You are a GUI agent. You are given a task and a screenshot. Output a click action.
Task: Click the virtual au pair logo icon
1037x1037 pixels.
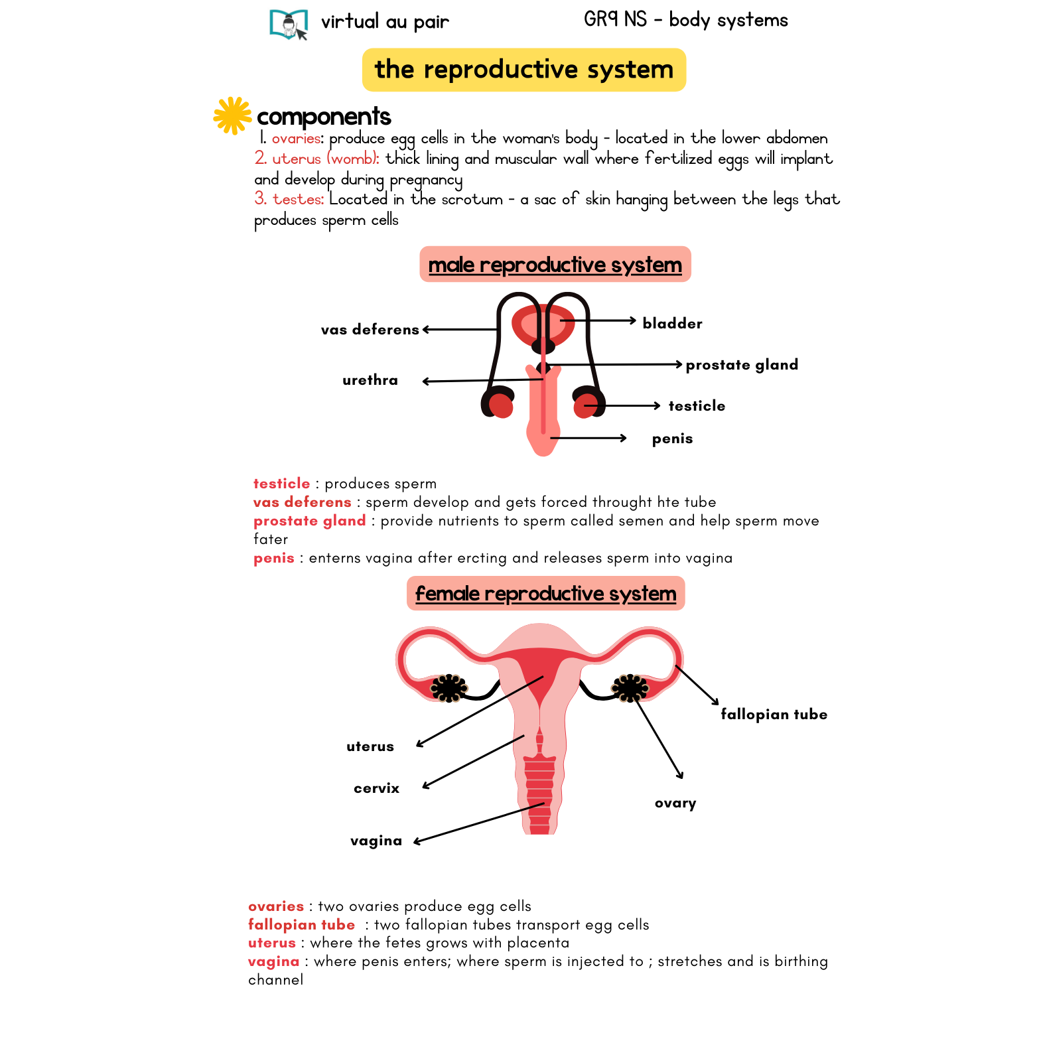pyautogui.click(x=289, y=25)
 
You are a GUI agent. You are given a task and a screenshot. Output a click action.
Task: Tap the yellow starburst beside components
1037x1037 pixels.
pyautogui.click(x=232, y=115)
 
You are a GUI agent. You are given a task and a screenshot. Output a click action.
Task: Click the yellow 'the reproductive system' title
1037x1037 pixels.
pyautogui.click(x=523, y=70)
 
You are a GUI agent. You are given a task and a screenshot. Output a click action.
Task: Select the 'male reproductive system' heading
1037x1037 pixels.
pyautogui.click(x=555, y=265)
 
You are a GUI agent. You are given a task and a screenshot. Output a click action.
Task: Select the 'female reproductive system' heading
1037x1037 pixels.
pyautogui.click(x=545, y=593)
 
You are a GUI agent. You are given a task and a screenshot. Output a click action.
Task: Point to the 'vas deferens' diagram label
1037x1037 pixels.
pyautogui.click(x=370, y=330)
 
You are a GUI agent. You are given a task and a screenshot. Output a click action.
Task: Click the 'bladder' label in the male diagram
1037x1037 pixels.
pyautogui.click(x=672, y=324)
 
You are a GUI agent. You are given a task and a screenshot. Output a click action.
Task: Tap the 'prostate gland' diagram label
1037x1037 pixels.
pyautogui.click(x=742, y=365)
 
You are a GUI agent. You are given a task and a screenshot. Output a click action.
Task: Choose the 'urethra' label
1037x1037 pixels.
pyautogui.click(x=370, y=380)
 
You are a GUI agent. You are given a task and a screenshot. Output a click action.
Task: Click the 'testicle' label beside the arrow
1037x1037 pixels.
pyautogui.click(x=697, y=406)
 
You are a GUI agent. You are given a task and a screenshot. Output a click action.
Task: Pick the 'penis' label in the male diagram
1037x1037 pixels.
pyautogui.click(x=672, y=439)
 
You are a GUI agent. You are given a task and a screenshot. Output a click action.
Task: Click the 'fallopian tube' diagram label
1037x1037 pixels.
pyautogui.click(x=774, y=715)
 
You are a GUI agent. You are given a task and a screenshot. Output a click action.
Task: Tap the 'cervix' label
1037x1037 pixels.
pyautogui.click(x=376, y=788)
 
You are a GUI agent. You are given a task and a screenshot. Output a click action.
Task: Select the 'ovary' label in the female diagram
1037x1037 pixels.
pyautogui.click(x=675, y=803)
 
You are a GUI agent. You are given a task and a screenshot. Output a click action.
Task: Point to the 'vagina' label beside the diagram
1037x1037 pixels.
pyautogui.click(x=376, y=841)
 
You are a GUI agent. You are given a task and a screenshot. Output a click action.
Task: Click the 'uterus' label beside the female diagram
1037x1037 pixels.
pyautogui.click(x=370, y=746)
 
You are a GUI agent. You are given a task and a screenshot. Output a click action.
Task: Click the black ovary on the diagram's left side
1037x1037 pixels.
pyautogui.click(x=449, y=688)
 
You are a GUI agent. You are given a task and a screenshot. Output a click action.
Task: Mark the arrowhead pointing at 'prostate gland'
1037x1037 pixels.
pyautogui.click(x=679, y=364)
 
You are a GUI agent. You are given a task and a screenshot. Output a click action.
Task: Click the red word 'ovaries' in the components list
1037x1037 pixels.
pyautogui.click(x=296, y=139)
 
